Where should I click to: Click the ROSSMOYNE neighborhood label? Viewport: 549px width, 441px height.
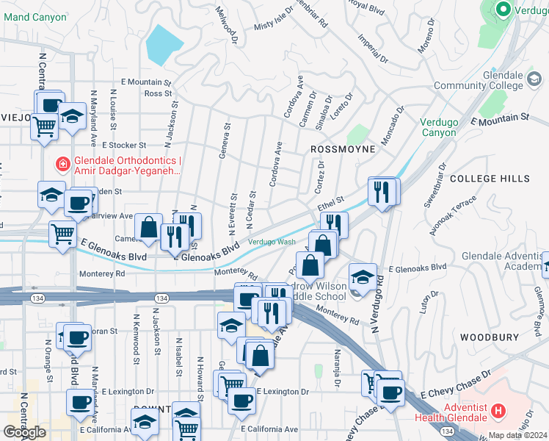pyautogui.click(x=343, y=149)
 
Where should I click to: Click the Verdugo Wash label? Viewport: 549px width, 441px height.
pyautogui.click(x=272, y=242)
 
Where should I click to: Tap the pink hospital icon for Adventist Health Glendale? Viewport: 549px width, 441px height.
pyautogui.click(x=498, y=409)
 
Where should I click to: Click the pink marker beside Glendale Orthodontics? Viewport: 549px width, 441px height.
pyautogui.click(x=63, y=162)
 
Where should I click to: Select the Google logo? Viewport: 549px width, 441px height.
pyautogui.click(x=24, y=432)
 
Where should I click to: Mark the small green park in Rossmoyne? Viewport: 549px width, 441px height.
pyautogui.click(x=357, y=135)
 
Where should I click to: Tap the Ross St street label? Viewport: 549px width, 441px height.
pyautogui.click(x=158, y=93)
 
